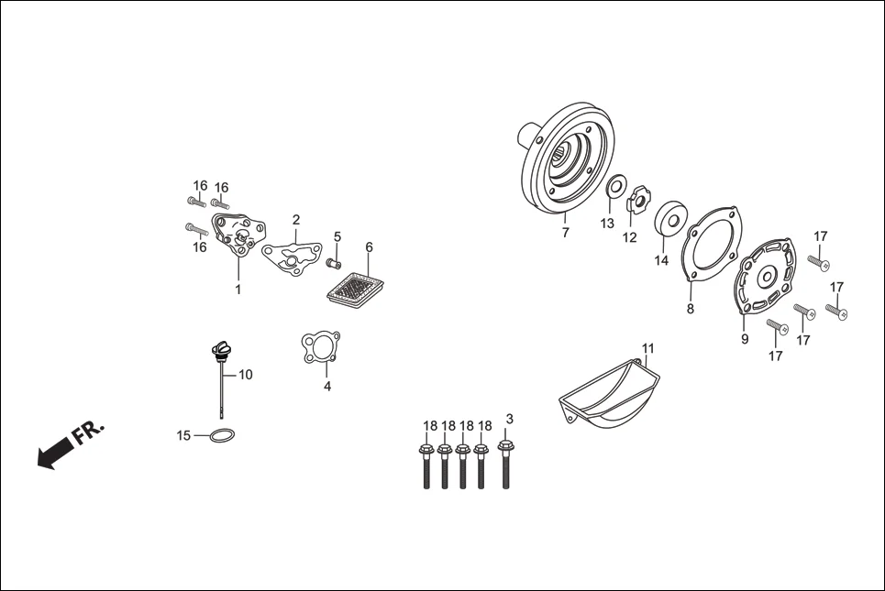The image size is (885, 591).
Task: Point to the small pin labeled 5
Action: pyautogui.click(x=335, y=265)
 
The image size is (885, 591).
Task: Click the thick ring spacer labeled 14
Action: pyautogui.click(x=671, y=219)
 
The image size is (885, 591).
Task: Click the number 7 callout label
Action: pyautogui.click(x=565, y=233)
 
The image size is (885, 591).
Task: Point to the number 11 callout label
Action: pyautogui.click(x=648, y=348)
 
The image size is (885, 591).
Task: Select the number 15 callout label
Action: pyautogui.click(x=184, y=434)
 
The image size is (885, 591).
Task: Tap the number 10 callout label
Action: pyautogui.click(x=246, y=374)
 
